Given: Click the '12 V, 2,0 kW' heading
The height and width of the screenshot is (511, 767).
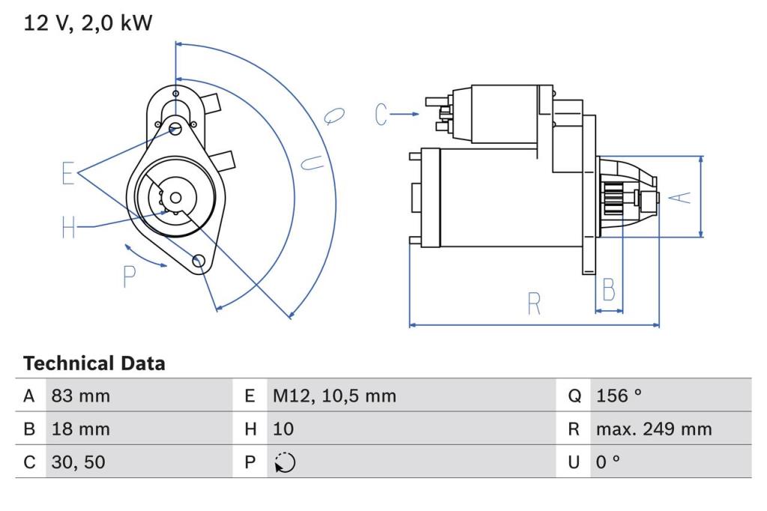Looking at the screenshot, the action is (x=88, y=23).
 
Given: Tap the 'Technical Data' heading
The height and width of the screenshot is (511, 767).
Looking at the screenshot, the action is (x=94, y=363).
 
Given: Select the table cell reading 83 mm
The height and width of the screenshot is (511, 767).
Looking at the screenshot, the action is (x=81, y=396).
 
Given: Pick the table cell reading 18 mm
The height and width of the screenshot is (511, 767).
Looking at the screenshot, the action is (x=81, y=429).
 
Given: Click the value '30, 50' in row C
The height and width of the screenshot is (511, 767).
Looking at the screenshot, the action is (x=78, y=462).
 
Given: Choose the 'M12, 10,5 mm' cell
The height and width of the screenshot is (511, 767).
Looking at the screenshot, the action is (x=335, y=396).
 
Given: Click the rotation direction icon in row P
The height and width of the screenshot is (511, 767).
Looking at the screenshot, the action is (x=285, y=462).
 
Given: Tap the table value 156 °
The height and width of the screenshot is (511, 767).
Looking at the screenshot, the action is (x=618, y=396).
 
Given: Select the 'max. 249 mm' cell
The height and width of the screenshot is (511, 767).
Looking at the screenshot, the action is (x=654, y=429).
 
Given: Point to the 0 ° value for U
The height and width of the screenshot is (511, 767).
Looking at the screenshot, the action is (x=608, y=462).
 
